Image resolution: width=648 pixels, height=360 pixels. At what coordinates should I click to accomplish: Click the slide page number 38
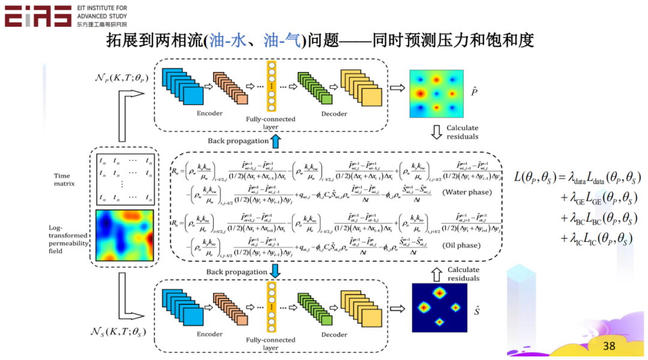(609, 346)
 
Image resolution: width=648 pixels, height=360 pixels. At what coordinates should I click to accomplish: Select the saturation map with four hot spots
(439, 307)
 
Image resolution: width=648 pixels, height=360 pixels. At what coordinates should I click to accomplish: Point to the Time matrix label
(62, 179)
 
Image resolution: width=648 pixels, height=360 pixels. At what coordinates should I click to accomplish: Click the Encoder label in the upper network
(209, 113)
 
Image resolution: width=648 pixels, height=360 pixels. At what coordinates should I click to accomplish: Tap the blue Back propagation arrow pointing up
(275, 142)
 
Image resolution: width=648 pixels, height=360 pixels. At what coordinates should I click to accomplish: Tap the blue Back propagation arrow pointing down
(275, 271)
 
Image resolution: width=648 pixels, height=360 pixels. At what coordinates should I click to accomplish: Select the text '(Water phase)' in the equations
(466, 193)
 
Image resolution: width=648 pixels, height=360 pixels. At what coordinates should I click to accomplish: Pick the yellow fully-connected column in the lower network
(271, 307)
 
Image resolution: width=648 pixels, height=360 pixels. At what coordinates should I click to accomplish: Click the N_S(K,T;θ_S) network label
(118, 331)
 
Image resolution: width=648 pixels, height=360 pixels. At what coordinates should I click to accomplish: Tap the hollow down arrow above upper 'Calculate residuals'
(437, 130)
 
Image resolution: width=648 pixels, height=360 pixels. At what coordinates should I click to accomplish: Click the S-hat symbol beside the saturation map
(477, 311)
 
